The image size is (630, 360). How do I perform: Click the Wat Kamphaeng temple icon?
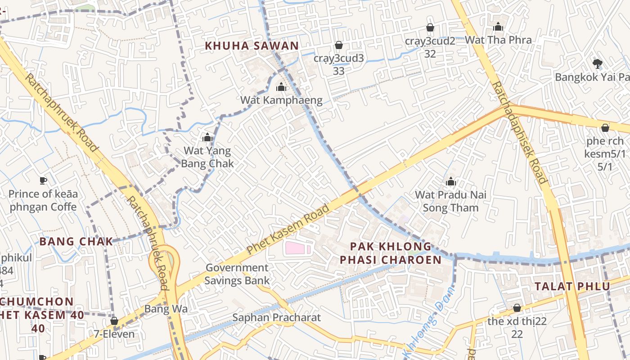pos(281,87)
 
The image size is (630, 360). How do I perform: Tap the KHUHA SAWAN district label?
pos(252,45)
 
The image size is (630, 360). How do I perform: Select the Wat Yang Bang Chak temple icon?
pos(207,137)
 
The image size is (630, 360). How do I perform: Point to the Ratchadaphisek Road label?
pos(520,133)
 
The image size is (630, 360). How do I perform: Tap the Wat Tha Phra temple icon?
pos(498,27)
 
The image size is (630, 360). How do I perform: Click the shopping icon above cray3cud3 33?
pos(338,45)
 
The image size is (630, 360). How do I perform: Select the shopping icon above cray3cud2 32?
pos(430,27)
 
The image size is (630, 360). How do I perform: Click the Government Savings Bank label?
pos(237,274)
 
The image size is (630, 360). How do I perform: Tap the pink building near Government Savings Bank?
pos(298,248)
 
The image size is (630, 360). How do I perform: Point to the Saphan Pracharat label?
pos(276,317)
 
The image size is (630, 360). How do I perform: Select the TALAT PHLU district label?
pos(572,286)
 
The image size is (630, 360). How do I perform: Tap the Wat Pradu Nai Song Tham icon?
pos(450,182)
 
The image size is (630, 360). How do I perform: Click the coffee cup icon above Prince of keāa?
pos(43,180)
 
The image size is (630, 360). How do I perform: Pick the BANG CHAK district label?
pos(76,241)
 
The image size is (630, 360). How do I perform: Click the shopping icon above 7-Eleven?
pos(114,321)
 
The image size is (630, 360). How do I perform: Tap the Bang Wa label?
pos(166,309)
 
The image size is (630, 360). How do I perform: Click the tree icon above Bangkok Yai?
pos(597,63)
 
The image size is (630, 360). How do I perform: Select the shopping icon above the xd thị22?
pos(517,308)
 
